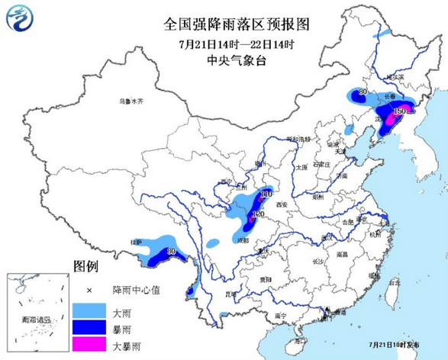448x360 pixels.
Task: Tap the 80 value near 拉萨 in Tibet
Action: point(172,251)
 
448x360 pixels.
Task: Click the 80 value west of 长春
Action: point(363,93)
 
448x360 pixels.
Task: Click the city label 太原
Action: point(301,166)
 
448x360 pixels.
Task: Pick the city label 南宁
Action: point(279,315)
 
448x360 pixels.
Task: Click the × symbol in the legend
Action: point(89,291)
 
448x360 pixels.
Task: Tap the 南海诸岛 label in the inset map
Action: point(37,320)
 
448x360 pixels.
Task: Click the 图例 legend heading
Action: point(85,266)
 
